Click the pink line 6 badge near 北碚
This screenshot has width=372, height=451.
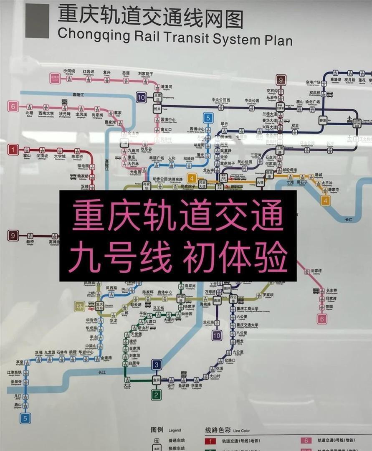point(13,106)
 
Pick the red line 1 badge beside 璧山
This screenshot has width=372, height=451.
point(13,149)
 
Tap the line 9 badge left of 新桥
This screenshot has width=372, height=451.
point(13,236)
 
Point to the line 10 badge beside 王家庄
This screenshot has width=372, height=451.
point(141,98)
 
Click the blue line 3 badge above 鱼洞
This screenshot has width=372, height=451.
point(157,365)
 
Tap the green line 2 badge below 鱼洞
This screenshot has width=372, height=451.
point(157,394)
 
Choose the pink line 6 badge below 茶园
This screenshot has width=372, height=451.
point(322,319)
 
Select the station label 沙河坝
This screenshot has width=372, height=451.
point(69,71)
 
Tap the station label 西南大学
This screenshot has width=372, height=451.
point(46,113)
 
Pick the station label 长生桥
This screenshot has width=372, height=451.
point(332,291)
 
